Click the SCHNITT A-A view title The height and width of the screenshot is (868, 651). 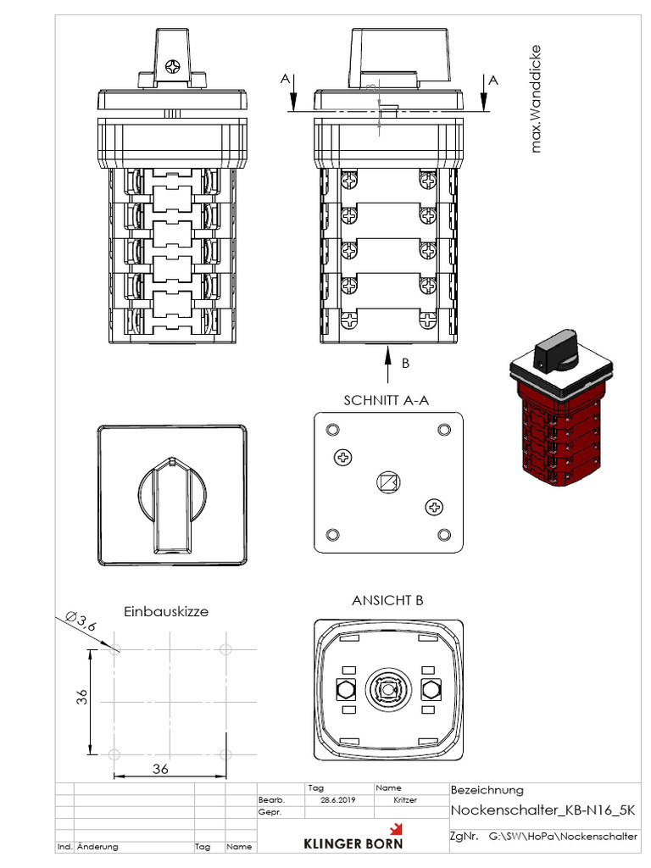pos(387,400)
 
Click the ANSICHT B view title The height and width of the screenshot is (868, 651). pos(387,601)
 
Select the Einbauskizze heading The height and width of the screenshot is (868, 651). pos(166,612)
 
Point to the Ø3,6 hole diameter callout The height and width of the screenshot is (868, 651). pos(81,621)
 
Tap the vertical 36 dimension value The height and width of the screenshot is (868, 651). pos(82,697)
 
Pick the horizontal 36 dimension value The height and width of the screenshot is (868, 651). pos(160,769)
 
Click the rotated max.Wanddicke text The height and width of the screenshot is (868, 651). pos(535,99)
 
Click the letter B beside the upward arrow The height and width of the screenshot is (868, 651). pos(405,363)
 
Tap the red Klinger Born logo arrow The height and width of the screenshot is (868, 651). pos(396,829)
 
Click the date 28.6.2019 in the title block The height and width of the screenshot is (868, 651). pos(337,800)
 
